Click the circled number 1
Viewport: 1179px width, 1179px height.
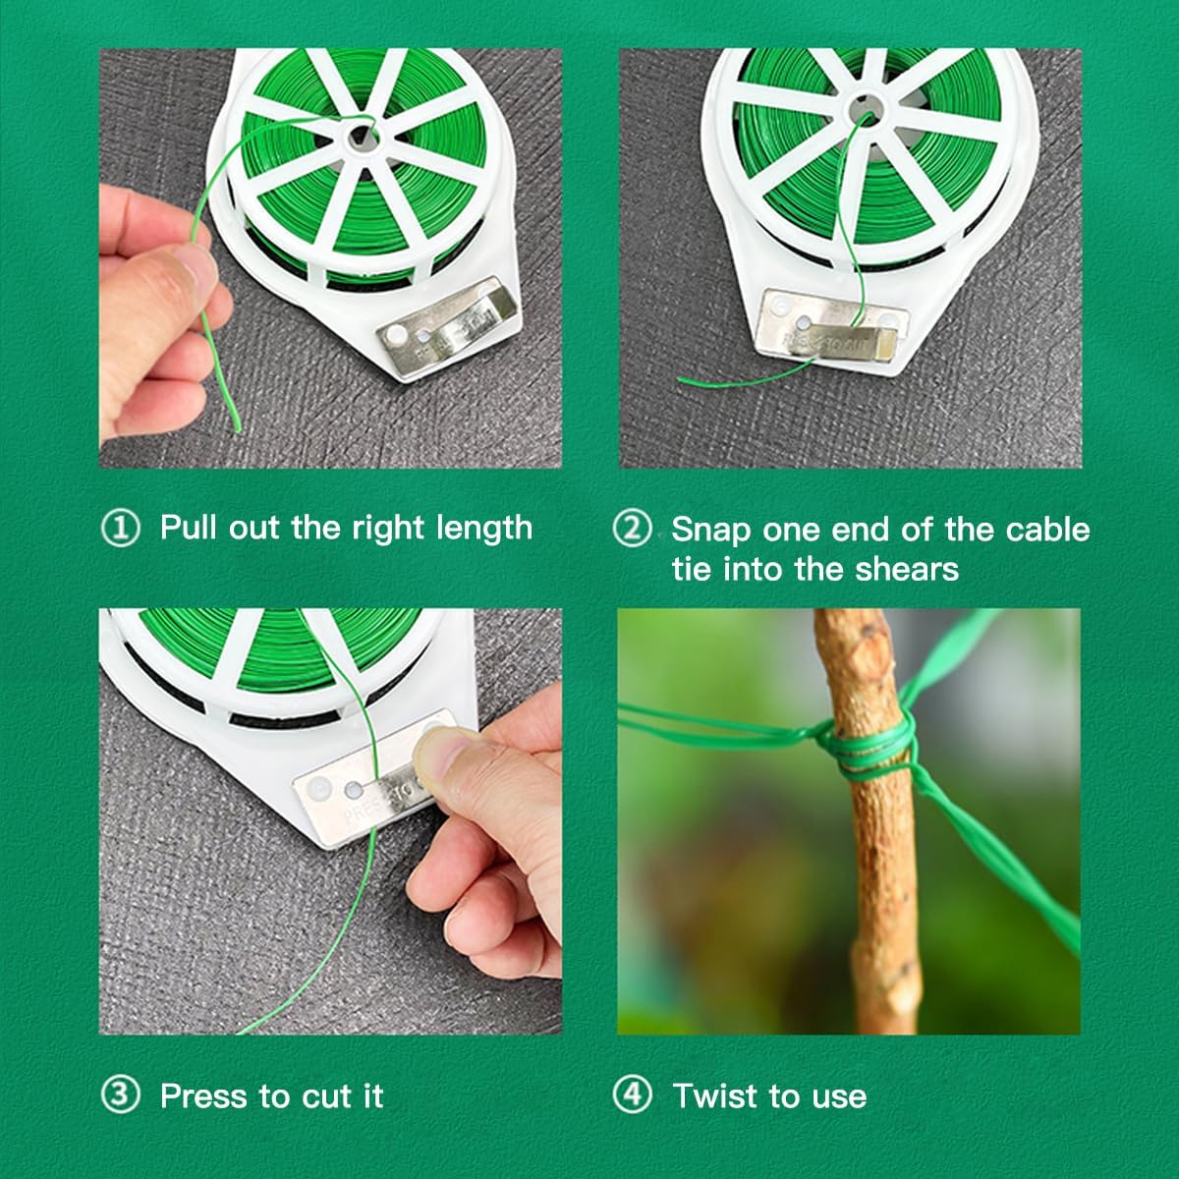coord(121,529)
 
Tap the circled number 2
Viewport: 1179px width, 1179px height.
coord(632,529)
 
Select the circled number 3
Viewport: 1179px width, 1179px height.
coord(121,1095)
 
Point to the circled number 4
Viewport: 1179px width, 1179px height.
coord(632,1095)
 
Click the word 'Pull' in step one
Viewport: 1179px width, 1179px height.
coord(189,528)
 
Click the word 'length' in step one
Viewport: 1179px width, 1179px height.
coord(486,529)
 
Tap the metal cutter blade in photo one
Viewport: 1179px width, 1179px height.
coord(447,333)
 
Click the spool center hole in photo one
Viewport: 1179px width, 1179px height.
coord(361,137)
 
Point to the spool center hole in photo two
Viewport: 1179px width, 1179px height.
coord(865,106)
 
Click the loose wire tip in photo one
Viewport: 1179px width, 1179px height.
coord(237,426)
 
